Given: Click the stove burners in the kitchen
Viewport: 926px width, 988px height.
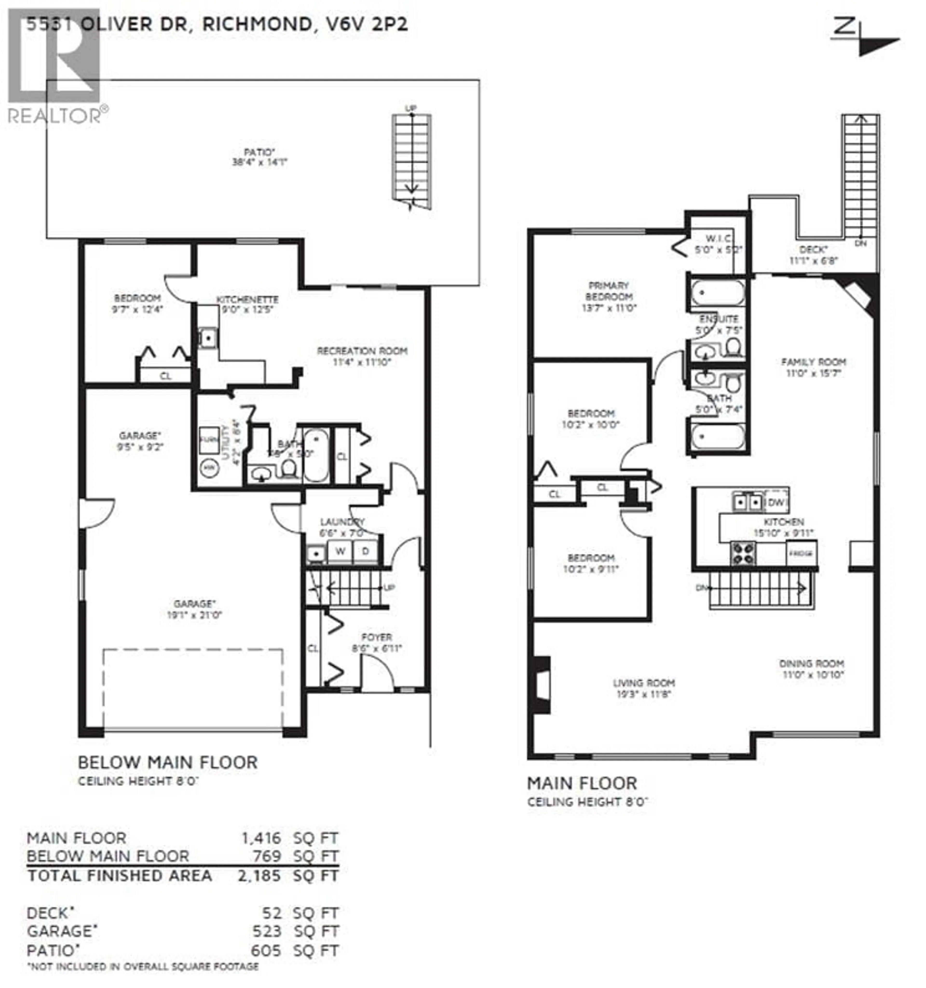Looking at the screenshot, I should pos(742,553).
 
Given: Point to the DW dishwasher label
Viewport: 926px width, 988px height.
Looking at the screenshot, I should pos(776,502).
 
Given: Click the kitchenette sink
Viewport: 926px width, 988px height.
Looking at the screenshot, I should pos(208,338).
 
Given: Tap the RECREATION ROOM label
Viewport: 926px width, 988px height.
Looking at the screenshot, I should pos(362,351).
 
